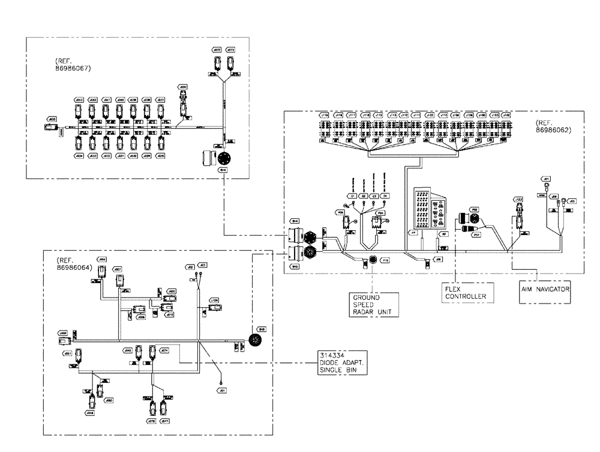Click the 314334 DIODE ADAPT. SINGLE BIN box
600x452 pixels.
[x=341, y=362]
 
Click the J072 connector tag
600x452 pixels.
[x=217, y=49]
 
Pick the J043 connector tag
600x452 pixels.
[x=79, y=100]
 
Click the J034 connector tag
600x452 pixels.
[x=79, y=156]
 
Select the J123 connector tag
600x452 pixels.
[x=518, y=198]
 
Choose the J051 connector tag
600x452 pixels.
[x=68, y=353]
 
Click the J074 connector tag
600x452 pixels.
[x=164, y=349]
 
